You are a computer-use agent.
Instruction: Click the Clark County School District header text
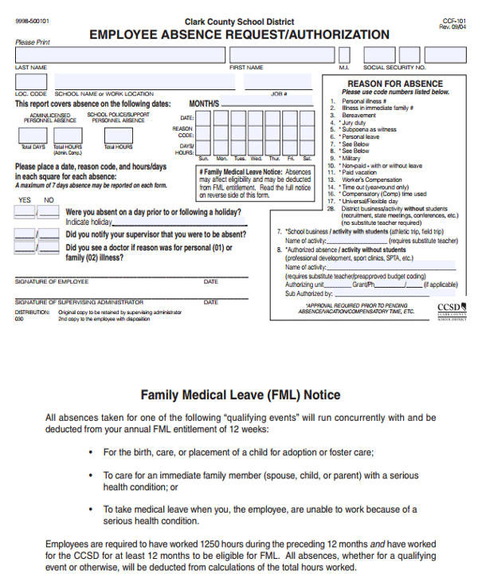[x=239, y=22]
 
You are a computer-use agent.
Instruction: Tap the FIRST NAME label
[x=246, y=68]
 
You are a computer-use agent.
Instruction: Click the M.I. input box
[x=344, y=54]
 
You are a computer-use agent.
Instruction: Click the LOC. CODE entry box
[x=31, y=83]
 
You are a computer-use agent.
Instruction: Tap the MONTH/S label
[x=204, y=104]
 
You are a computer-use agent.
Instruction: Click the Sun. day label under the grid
[x=202, y=159]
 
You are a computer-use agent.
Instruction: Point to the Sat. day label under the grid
[x=307, y=159]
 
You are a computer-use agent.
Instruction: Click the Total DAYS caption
[x=33, y=147]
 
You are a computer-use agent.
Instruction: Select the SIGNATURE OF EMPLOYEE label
[x=49, y=281]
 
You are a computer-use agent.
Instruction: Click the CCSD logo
[x=451, y=309]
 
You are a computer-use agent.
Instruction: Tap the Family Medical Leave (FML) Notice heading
[x=241, y=395]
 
